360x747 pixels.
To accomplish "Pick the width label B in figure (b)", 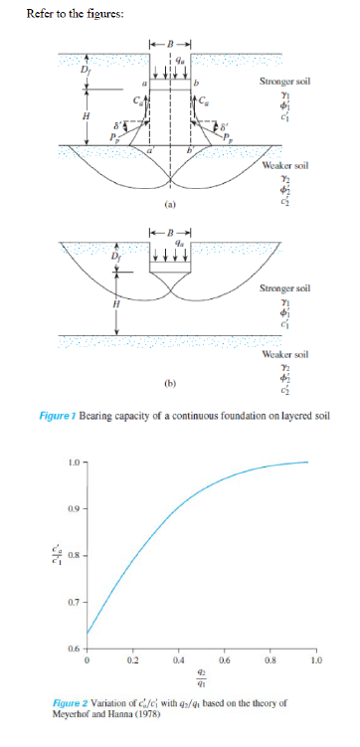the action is tap(168, 233).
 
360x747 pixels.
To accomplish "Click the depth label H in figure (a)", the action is tap(87, 116).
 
